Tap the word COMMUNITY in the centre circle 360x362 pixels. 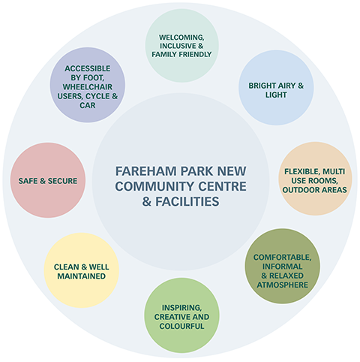click(154, 186)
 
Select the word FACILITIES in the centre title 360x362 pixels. click(187, 201)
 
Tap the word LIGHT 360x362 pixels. click(276, 95)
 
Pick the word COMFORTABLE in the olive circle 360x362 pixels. click(282, 258)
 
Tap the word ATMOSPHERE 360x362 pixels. click(282, 285)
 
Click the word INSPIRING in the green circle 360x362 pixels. click(181, 308)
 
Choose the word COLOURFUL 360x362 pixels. click(181, 326)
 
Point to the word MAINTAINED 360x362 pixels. click(82, 276)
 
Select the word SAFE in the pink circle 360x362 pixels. click(28, 181)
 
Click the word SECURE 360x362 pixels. click(62, 181)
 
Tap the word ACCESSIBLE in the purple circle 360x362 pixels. click(88, 68)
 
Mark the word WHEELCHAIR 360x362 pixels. click(88, 87)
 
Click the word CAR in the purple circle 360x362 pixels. click(88, 105)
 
